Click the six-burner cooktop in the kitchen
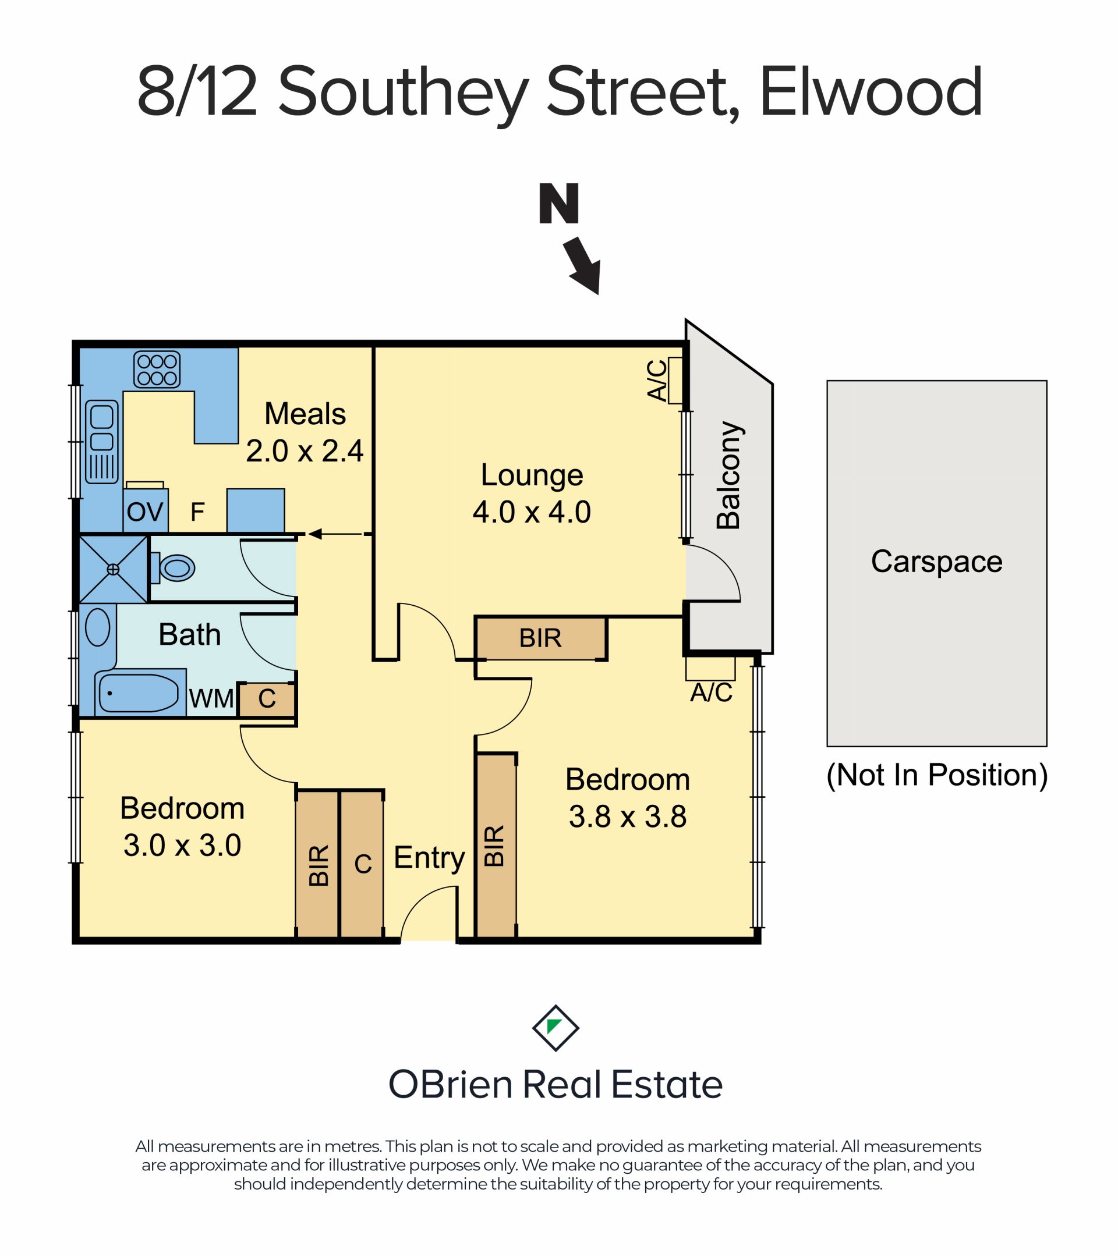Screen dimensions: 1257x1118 (x=157, y=369)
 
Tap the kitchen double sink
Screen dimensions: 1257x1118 (x=101, y=441)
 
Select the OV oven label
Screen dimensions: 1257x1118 (x=144, y=512)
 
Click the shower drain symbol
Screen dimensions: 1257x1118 (x=113, y=570)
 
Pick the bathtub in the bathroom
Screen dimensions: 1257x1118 (x=139, y=693)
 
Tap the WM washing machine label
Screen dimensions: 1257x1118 (x=211, y=698)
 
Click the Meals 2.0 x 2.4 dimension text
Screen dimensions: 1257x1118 (x=305, y=451)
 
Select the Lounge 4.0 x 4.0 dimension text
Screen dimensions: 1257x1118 (x=532, y=512)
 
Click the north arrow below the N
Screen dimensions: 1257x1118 (x=583, y=266)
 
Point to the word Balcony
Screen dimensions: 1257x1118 (x=729, y=475)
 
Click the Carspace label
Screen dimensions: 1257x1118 (x=936, y=561)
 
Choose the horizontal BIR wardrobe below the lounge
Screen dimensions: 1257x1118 (x=540, y=638)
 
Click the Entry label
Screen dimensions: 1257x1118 (x=429, y=857)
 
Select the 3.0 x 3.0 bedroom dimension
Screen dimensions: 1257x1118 (x=182, y=845)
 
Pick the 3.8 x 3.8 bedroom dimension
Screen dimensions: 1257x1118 (x=628, y=816)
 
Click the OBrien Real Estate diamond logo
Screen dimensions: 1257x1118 (x=555, y=1028)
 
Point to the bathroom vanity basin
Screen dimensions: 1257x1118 (x=97, y=627)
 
